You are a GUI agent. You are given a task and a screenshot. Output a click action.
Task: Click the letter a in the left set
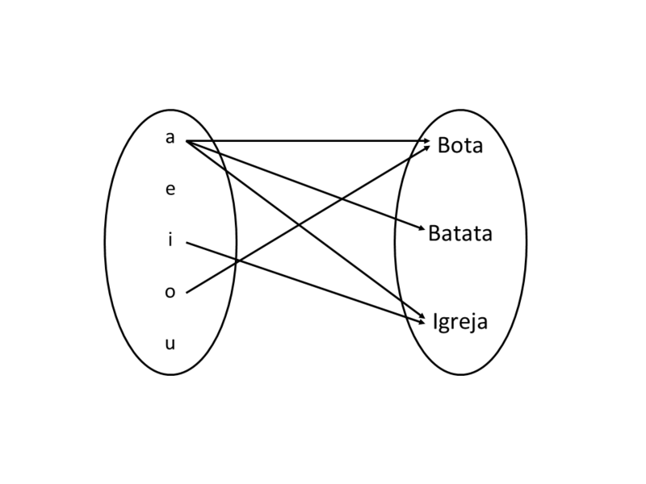(170, 138)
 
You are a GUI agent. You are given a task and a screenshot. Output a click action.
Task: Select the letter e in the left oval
(170, 190)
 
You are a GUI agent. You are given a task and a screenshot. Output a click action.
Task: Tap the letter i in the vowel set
(170, 240)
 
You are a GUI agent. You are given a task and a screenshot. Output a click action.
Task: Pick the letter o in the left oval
(170, 292)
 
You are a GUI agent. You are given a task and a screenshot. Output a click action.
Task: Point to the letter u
(170, 344)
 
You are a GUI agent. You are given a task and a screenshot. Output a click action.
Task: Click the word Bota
(459, 146)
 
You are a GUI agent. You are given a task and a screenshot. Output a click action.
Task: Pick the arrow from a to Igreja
(363, 270)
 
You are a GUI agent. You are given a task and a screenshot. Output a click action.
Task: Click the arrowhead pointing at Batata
(421, 231)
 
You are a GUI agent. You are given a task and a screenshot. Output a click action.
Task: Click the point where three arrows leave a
(187, 141)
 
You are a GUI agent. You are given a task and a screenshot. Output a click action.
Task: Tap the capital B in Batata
(435, 234)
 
